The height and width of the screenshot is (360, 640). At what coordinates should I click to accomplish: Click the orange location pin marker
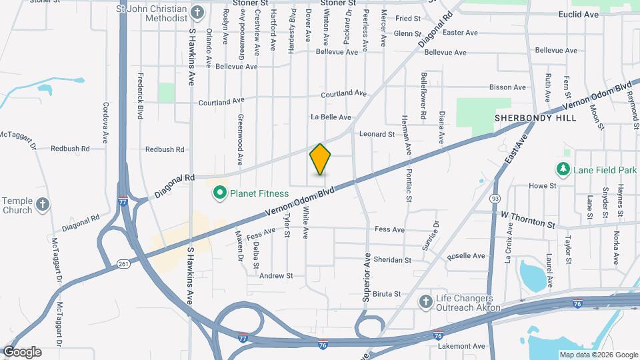coord(320,159)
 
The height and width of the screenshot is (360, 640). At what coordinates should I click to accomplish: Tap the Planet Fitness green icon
coord(219,193)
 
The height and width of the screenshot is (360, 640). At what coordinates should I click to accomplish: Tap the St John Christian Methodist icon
coord(197,12)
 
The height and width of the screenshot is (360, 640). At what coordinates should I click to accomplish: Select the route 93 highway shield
coord(495,198)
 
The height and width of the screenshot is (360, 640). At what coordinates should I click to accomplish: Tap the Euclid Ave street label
coord(579,14)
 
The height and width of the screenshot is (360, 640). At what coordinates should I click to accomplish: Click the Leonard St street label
coord(377,134)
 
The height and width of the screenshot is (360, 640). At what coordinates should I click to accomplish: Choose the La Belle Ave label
coord(331,117)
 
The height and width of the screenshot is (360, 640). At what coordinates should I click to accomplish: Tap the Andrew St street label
coord(276,275)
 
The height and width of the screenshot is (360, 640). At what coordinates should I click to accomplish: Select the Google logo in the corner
coord(21,352)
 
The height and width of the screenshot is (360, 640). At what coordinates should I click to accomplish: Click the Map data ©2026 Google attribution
coord(598,355)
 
